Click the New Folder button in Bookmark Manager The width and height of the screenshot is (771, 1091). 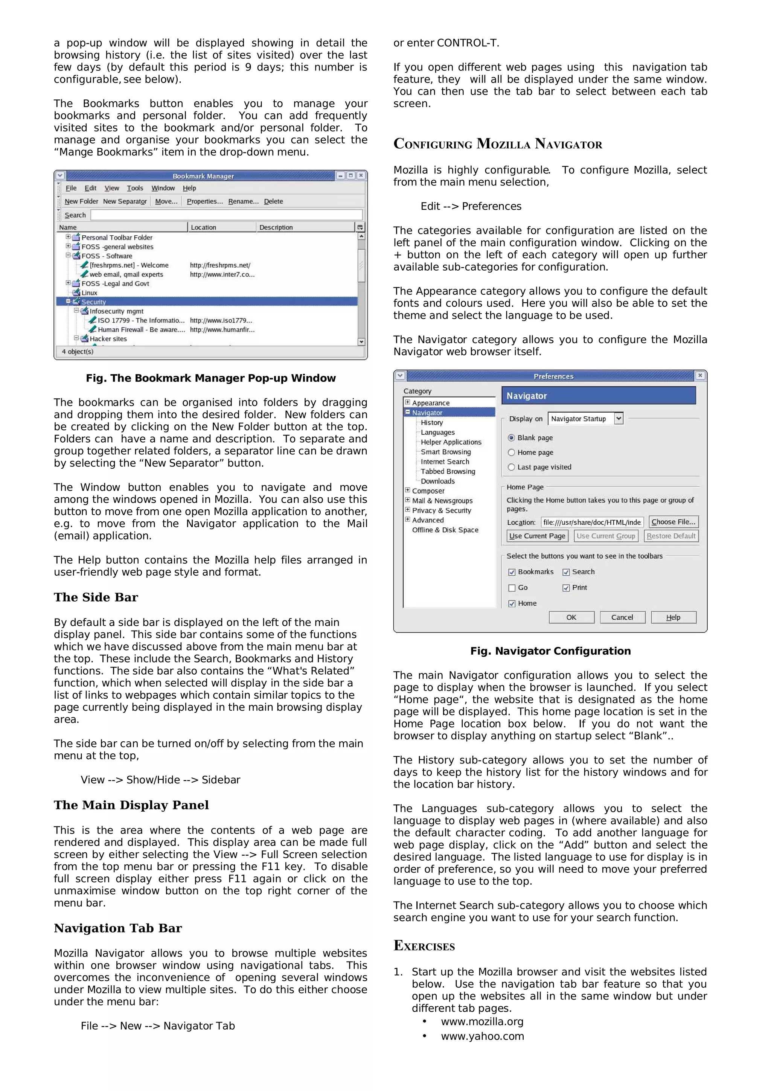coord(81,201)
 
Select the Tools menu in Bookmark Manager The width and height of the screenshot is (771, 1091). coord(135,188)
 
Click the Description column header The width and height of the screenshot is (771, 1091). coord(276,227)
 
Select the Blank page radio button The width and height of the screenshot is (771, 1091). coord(511,437)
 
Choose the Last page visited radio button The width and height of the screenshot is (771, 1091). coord(511,467)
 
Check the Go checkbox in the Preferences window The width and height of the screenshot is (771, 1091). coord(512,588)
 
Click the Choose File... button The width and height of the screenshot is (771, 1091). coord(673,522)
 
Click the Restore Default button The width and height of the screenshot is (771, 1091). coord(671,536)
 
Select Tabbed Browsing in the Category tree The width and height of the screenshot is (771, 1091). coord(448,471)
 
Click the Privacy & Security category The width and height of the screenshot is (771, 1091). coord(441,510)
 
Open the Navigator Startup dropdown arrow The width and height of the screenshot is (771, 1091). coord(618,419)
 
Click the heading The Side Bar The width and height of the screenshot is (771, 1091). coord(96,597)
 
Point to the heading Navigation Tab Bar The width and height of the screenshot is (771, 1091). coord(118,928)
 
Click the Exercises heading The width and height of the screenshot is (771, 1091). coord(424,946)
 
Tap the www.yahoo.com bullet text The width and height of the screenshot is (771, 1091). coord(482,1036)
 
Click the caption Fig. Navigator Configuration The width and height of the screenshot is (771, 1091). coord(550,651)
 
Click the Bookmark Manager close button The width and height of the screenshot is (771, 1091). coord(361,176)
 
